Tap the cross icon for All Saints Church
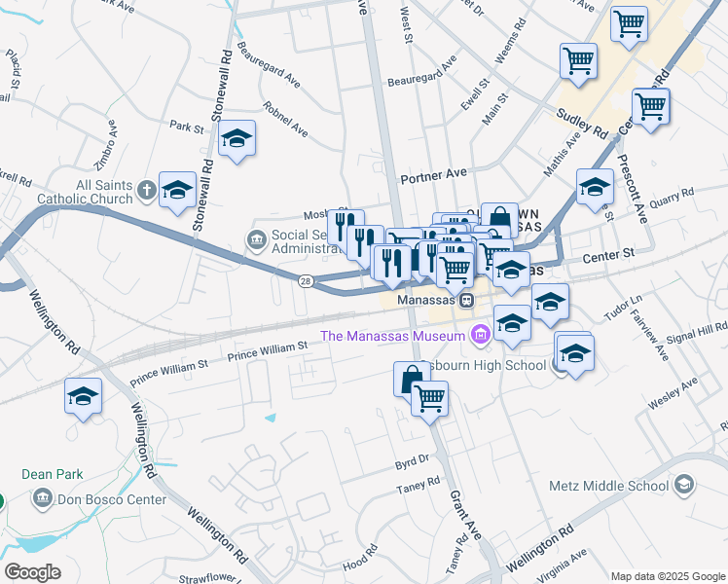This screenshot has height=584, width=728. [x=145, y=189]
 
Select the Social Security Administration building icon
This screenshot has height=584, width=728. [x=257, y=237]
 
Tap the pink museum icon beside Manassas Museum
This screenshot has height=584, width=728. [x=479, y=337]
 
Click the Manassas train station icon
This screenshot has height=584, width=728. [x=467, y=301]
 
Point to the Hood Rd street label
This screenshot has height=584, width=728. [x=359, y=562]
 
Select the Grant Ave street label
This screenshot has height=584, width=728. [x=465, y=515]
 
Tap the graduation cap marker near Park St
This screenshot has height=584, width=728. [x=237, y=141]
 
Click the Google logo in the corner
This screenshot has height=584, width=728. [x=32, y=572]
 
